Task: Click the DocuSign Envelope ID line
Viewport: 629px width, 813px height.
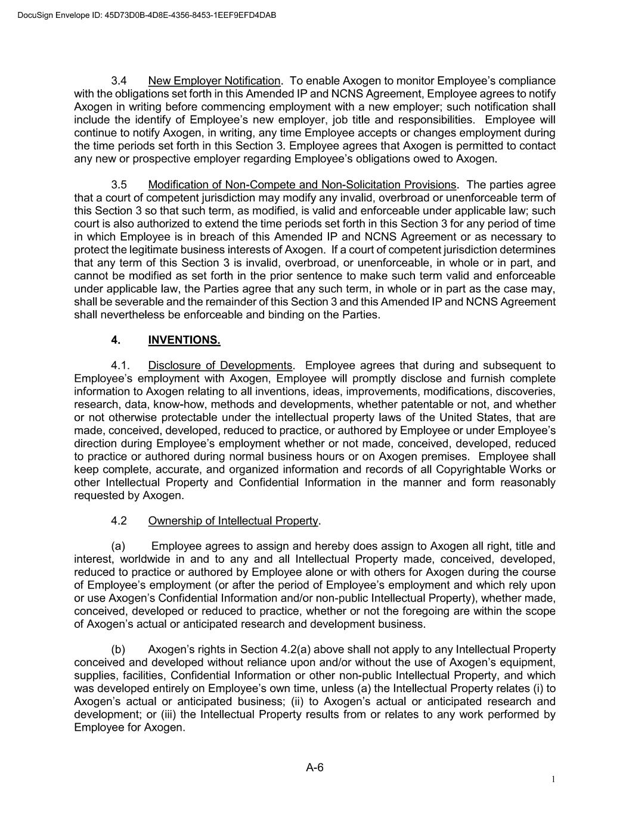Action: click(x=138, y=15)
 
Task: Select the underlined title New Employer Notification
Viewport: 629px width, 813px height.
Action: click(x=214, y=80)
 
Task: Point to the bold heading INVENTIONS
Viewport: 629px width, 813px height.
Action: click(x=184, y=340)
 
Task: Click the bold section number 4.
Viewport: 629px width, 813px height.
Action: click(x=116, y=340)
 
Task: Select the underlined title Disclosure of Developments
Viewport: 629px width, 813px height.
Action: click(x=221, y=365)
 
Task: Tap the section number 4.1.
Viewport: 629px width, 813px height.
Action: click(x=121, y=365)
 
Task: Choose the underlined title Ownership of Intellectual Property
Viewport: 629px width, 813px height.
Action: click(x=233, y=521)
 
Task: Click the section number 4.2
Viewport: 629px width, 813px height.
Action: click(x=119, y=521)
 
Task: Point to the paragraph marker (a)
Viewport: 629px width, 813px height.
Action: click(x=118, y=546)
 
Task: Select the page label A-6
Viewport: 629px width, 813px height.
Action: click(x=314, y=768)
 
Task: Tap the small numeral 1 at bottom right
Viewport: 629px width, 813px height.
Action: click(x=553, y=780)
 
